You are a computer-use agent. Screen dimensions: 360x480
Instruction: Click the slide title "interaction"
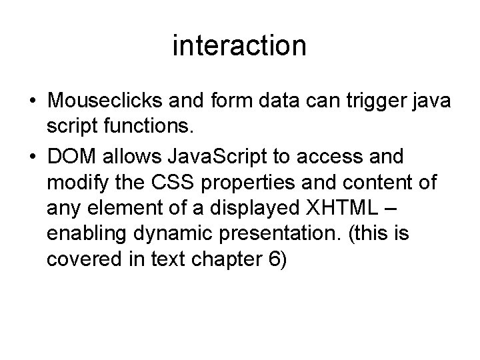pyautogui.click(x=239, y=46)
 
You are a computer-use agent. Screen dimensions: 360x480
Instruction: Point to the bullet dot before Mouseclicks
pyautogui.click(x=33, y=101)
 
